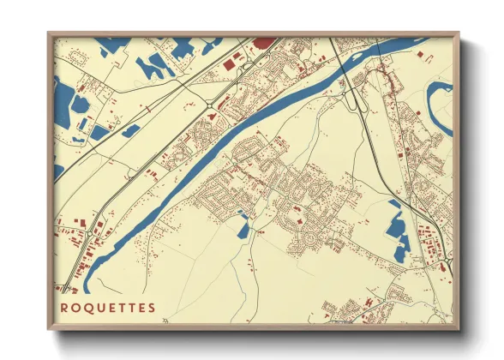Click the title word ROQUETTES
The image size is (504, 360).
[108, 308]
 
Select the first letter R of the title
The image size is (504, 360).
[64, 308]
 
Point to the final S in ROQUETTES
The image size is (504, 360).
[152, 308]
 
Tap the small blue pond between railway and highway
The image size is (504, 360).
[130, 131]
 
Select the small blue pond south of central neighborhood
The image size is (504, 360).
[243, 229]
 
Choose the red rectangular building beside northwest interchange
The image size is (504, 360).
[230, 62]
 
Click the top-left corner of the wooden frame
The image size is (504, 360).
[49, 33]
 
